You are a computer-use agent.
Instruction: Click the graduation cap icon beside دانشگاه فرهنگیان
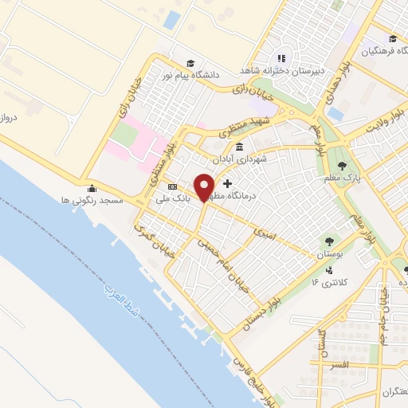pos(392,39)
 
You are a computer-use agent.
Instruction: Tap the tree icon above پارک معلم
pos(343,166)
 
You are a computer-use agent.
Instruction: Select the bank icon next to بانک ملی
pos(173,187)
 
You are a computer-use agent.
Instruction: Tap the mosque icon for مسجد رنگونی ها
pos(92,189)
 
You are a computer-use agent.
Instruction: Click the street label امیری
pos(264,231)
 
